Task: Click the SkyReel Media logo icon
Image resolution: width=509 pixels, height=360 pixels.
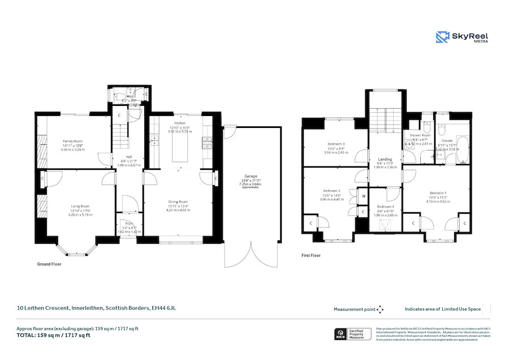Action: (x=442, y=37)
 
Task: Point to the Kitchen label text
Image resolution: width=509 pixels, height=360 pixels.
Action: (x=180, y=123)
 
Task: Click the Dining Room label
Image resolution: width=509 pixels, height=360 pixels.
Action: (x=178, y=201)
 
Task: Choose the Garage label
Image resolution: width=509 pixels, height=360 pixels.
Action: (x=251, y=176)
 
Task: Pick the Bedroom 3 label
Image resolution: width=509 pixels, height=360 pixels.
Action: (x=336, y=144)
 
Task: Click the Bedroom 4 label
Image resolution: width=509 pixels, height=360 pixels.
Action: (x=385, y=207)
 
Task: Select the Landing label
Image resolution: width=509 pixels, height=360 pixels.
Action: (x=385, y=160)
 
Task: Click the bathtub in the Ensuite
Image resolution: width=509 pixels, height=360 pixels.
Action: (x=461, y=149)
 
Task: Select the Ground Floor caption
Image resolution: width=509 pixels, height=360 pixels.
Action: (x=49, y=264)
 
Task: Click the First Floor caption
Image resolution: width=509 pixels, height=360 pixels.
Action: (x=311, y=255)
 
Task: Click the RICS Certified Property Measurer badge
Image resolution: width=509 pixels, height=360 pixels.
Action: (x=353, y=334)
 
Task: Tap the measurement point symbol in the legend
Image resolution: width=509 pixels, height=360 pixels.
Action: (x=380, y=309)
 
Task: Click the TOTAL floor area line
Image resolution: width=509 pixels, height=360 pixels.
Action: (x=53, y=335)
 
